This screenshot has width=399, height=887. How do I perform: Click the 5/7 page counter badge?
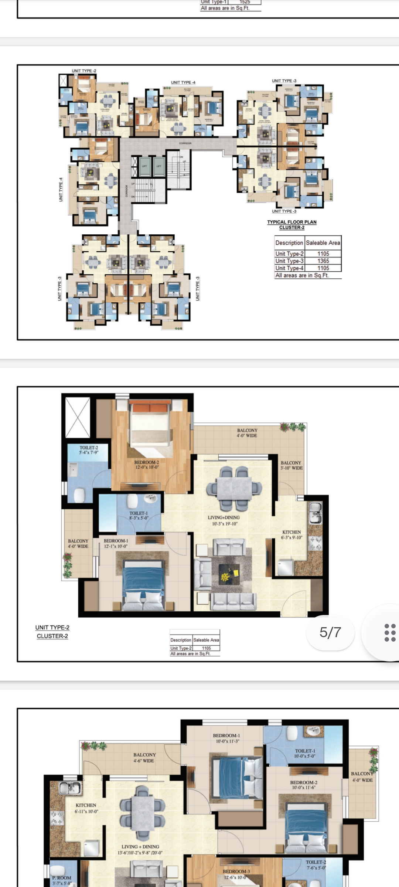(x=330, y=632)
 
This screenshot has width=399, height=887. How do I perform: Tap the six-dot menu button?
(x=389, y=632)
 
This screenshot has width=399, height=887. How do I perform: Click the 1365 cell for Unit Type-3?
(x=323, y=261)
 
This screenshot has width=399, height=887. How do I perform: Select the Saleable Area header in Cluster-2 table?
(x=323, y=243)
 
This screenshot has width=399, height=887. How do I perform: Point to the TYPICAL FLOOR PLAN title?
(x=292, y=222)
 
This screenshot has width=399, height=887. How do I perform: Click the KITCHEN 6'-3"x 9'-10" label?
(x=292, y=535)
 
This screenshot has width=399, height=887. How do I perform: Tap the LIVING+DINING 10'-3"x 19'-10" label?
(x=224, y=520)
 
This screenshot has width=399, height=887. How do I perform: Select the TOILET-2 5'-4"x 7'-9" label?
(x=89, y=450)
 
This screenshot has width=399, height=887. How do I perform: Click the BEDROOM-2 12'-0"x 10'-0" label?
(x=147, y=465)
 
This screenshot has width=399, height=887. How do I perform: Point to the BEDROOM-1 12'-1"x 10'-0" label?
(x=116, y=543)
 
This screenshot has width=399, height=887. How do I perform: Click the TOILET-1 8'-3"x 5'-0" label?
(x=139, y=516)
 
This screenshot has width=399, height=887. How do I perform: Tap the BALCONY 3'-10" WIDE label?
(x=291, y=465)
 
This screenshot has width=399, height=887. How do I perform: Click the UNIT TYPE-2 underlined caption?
(x=52, y=628)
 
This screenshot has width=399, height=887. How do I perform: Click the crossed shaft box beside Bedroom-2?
(x=78, y=418)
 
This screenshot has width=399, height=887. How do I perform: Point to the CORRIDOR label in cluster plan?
(x=185, y=143)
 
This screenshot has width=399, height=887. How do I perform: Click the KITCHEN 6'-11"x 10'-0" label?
(x=86, y=808)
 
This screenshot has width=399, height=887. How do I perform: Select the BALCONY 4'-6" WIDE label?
(x=144, y=758)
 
